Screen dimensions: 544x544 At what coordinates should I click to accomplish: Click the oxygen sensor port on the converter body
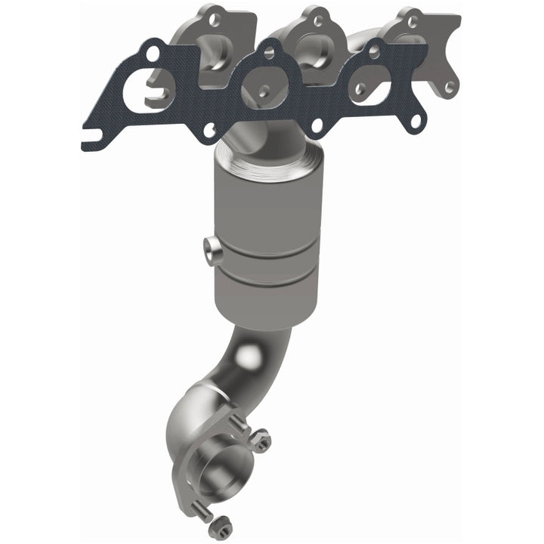tap(212, 249)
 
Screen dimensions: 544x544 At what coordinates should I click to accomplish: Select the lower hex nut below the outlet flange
tap(220, 524)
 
